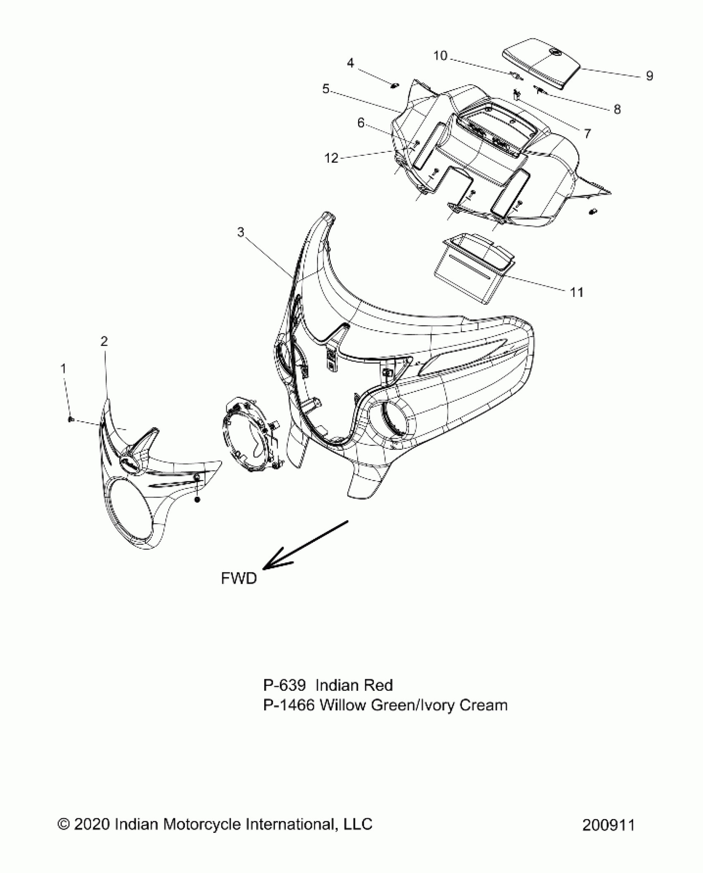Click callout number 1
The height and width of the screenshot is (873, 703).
click(x=63, y=368)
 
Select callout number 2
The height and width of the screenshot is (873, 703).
click(x=104, y=341)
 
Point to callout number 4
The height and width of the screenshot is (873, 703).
click(x=350, y=63)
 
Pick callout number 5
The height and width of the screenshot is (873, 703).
click(x=326, y=89)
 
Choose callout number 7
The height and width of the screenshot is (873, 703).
click(x=587, y=133)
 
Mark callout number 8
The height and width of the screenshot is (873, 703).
click(x=617, y=109)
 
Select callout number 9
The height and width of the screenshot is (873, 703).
click(x=649, y=76)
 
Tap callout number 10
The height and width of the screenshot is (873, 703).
click(x=440, y=55)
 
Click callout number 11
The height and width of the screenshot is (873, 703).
click(x=576, y=292)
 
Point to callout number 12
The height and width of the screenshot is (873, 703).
click(x=331, y=158)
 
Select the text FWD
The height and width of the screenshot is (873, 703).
click(x=239, y=578)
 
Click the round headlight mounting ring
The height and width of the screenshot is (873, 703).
click(x=249, y=432)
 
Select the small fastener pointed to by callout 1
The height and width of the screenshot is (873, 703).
click(x=71, y=420)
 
